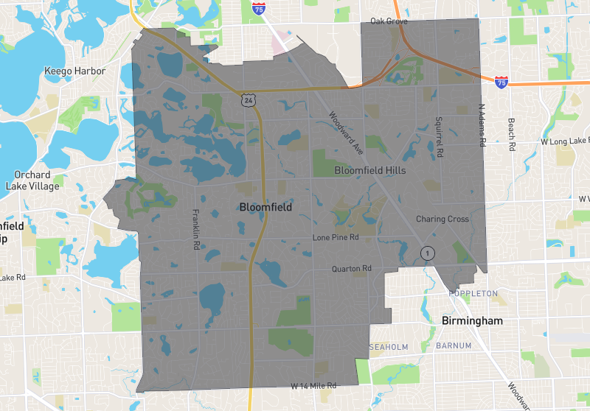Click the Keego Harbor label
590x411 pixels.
pos(75,71)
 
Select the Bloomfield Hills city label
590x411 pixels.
pos(371,170)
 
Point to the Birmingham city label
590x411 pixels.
pos(471,321)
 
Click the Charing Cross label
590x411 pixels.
pos(442,219)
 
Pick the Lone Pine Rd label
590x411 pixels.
pos(335,238)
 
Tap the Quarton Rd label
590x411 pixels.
pos(351,269)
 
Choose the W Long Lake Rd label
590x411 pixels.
pos(565,141)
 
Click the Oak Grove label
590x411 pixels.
pos(389,21)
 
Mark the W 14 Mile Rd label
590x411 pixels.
pos(313,385)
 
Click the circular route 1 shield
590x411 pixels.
pos(427,253)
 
